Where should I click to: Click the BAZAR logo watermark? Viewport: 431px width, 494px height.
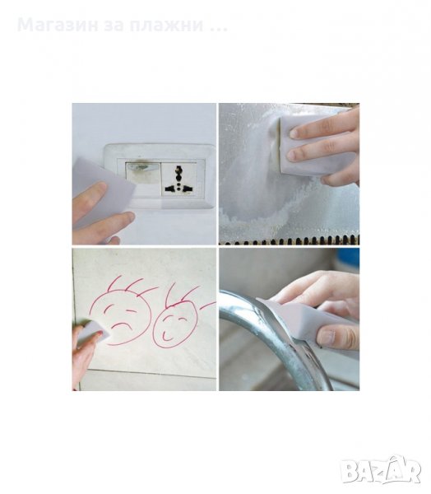pyautogui.click(x=381, y=470)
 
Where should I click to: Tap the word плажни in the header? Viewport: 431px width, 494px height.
pyautogui.click(x=166, y=26)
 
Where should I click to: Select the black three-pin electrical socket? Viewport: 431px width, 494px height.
pyautogui.click(x=178, y=179)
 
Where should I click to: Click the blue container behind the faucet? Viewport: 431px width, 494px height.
pyautogui.click(x=348, y=260)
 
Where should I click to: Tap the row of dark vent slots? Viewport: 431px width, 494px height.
pyautogui.click(x=290, y=240)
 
